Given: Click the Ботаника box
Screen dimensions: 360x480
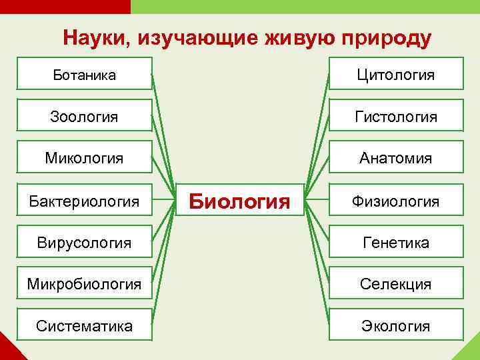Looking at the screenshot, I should point(84,74).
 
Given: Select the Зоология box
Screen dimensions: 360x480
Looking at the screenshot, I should point(84,116).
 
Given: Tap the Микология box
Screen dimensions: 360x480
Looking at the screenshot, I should point(84,158).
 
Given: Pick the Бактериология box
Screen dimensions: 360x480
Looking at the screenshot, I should point(84,200).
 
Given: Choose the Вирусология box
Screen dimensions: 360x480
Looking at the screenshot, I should point(84,242).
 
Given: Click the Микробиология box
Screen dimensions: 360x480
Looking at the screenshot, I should point(84,284).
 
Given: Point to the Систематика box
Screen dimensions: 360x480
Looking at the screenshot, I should point(84,326).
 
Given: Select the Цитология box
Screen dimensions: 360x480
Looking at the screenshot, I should point(396,74).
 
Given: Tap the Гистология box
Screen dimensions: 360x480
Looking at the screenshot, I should point(396,116).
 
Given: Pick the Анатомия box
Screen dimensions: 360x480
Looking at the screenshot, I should point(396,158).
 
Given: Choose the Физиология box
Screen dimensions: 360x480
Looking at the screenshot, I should point(396,200).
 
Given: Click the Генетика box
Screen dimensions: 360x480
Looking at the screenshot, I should point(396,242).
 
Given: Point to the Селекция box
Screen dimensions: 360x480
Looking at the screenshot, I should point(396,284).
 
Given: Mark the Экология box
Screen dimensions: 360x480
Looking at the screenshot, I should point(396,326).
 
